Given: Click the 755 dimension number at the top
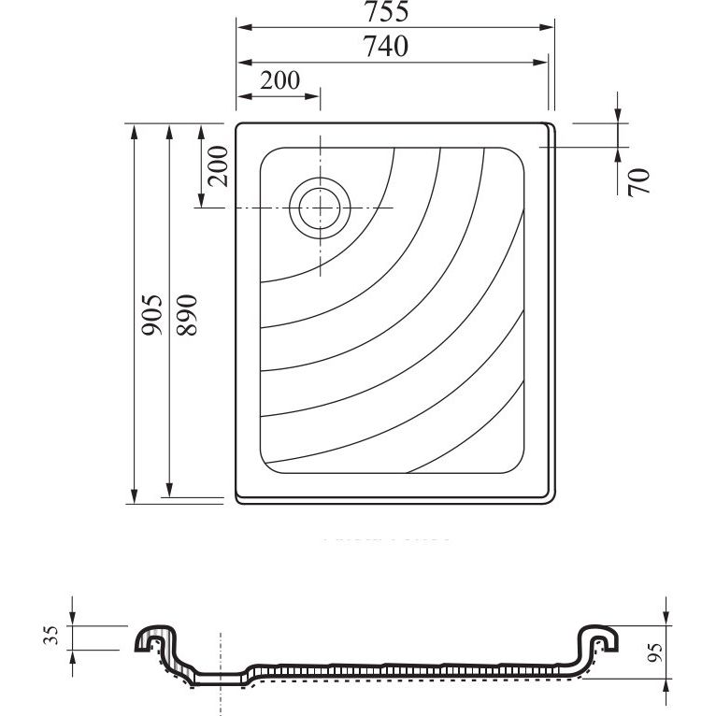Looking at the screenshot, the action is point(386,12).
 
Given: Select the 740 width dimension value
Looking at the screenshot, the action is point(386,47).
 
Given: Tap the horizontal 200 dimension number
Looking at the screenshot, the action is point(279,80).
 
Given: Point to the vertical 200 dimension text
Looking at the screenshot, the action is point(218,166).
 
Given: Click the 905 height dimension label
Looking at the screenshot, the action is point(151,315).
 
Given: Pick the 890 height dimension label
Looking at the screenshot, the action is point(187,315).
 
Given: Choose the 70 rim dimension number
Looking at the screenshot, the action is point(638,182).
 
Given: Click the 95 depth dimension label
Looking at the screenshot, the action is point(655,652).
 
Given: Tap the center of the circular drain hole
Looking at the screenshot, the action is point(320,208).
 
